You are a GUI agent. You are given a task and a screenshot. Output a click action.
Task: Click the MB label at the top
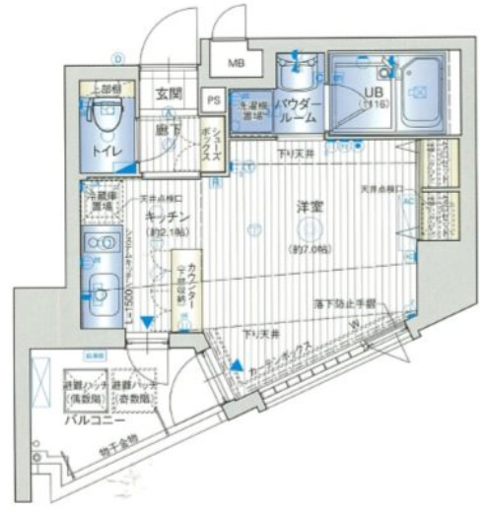[237, 64]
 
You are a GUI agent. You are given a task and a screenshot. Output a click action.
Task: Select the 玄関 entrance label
[169, 95]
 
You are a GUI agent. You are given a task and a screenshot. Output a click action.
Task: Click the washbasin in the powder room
[296, 73]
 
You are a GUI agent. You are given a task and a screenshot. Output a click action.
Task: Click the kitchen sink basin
[101, 291]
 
